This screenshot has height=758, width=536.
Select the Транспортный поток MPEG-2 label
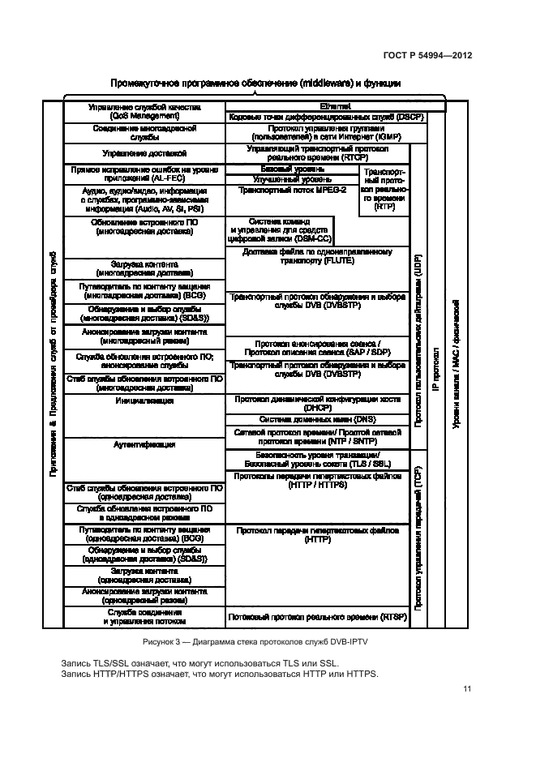293,190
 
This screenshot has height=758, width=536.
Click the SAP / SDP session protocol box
317,348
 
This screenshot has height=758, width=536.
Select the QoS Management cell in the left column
143,111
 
